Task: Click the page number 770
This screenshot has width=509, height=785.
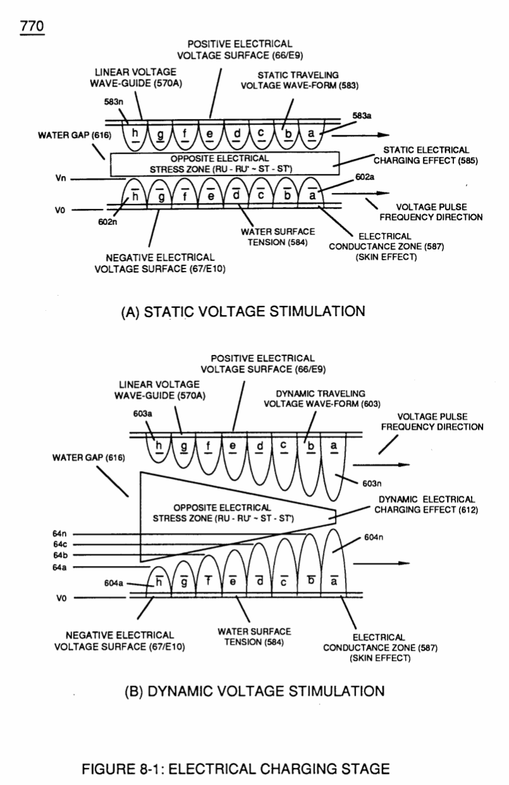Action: click(x=32, y=27)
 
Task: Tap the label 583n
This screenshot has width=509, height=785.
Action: click(x=113, y=102)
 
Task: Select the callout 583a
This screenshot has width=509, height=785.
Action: click(x=361, y=116)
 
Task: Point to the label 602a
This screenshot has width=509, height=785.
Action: click(x=365, y=177)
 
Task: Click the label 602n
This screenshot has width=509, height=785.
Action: click(x=108, y=222)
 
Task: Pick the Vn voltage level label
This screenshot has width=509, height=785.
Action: click(x=61, y=178)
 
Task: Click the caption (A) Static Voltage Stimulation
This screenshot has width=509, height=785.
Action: click(x=243, y=311)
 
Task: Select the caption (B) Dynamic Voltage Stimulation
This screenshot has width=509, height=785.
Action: click(x=255, y=691)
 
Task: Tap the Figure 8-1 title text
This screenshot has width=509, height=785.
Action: click(x=236, y=769)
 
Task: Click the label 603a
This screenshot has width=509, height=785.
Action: click(x=142, y=414)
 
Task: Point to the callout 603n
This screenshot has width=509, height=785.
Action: click(x=372, y=484)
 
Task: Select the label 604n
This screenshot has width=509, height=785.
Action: click(x=374, y=537)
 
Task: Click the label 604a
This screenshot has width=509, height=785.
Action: click(x=113, y=583)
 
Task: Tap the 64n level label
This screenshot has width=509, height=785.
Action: click(x=60, y=534)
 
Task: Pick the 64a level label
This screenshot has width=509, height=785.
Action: click(x=60, y=567)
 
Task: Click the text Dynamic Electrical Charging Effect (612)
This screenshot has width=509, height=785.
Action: click(x=426, y=505)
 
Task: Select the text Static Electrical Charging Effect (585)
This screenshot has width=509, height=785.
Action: click(x=425, y=155)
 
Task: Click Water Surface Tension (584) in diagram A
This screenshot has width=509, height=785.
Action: click(x=278, y=237)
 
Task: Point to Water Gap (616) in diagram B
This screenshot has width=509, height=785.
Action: click(x=89, y=458)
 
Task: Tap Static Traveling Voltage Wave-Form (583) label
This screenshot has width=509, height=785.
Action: click(x=299, y=80)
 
